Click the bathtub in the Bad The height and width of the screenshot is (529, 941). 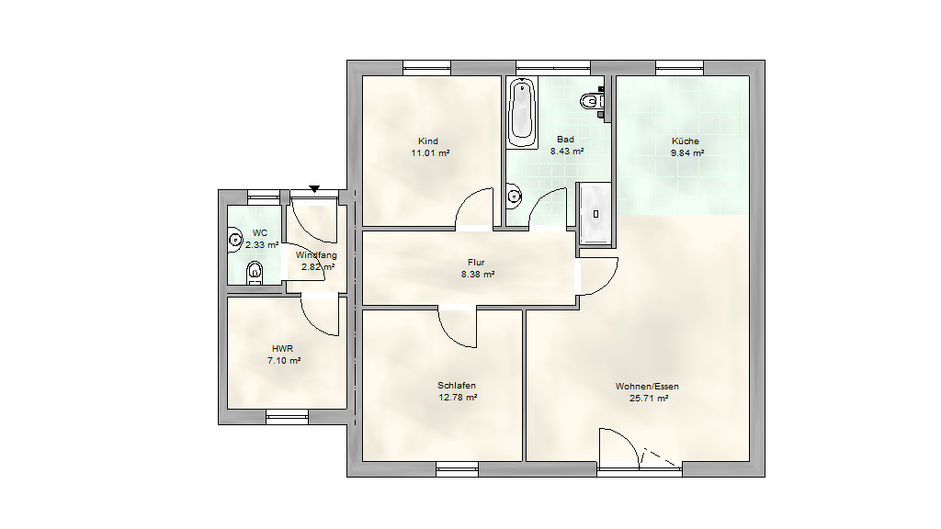[522, 112]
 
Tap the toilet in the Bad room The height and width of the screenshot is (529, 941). [593, 101]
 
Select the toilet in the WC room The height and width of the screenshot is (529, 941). [255, 273]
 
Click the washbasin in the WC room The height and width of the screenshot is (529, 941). [234, 240]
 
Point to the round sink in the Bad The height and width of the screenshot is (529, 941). [514, 197]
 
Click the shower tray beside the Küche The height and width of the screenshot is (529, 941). [595, 213]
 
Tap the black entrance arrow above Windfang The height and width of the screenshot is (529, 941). [314, 189]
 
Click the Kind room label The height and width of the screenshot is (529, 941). [428, 141]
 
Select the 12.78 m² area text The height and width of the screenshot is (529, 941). [458, 397]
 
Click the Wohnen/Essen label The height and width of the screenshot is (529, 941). [648, 387]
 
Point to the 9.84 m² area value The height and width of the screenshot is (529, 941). [687, 153]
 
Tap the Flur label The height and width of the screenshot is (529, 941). [476, 262]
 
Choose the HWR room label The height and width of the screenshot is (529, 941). [283, 348]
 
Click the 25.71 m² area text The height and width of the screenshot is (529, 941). [649, 398]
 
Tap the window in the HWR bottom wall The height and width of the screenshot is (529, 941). [287, 417]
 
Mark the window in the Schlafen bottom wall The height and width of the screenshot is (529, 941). [458, 469]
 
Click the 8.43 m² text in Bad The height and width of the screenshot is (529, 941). [567, 152]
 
